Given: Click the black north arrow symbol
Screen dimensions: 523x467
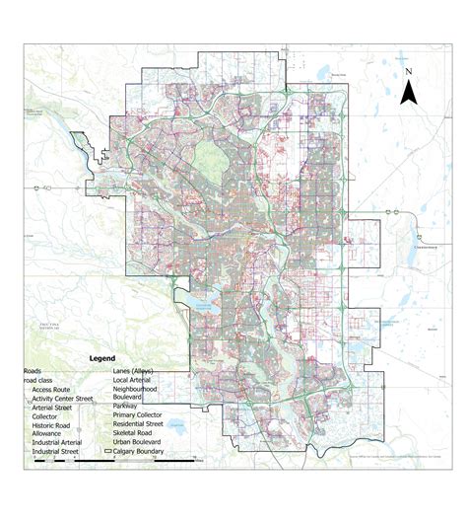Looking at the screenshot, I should (x=407, y=92).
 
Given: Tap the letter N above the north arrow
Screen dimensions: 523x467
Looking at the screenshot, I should (x=407, y=72).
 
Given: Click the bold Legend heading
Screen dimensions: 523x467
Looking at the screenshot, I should (x=101, y=358).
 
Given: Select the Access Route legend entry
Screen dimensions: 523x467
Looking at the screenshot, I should (x=52, y=389).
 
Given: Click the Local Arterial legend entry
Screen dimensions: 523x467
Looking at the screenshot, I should (x=138, y=379).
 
